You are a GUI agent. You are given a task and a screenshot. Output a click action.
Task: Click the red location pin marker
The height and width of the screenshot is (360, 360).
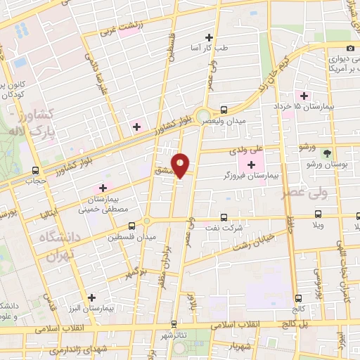pos(181,165)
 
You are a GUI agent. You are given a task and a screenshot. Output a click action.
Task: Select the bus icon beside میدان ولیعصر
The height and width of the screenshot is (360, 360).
pos(224,110)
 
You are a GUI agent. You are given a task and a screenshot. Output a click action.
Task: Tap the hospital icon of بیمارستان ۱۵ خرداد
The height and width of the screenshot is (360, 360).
pos(304,96)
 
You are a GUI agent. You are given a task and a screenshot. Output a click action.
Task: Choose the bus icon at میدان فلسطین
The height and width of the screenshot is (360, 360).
pos(131,226)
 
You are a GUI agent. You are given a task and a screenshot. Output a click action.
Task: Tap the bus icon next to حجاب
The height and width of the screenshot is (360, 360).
pos(35,169)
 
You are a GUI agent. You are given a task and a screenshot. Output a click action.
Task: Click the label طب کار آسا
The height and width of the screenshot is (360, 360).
pos(214,48)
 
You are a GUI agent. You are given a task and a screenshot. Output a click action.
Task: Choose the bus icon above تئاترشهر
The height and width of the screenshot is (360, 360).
pos(174,324)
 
